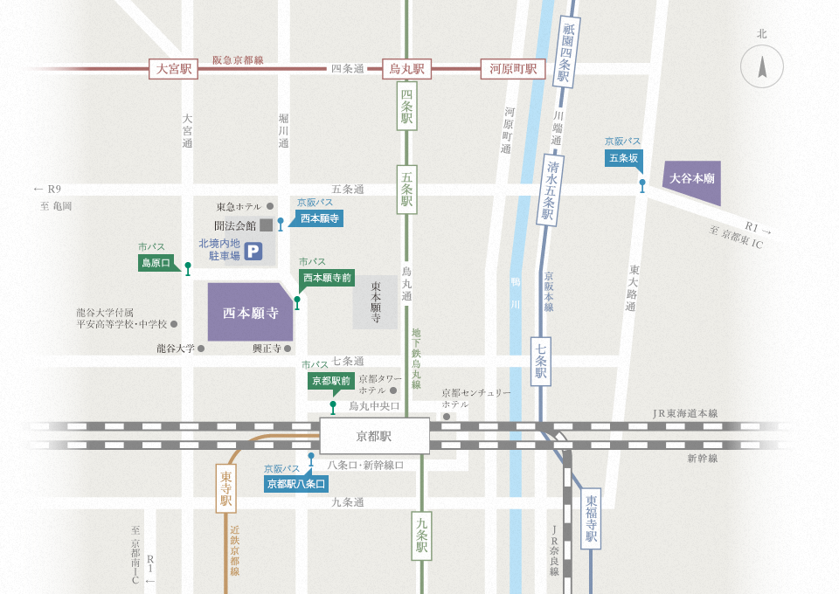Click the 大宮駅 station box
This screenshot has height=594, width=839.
coord(173,69)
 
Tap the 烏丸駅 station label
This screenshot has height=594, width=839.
coord(406,69)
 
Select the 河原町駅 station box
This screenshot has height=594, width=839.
coord(512,69)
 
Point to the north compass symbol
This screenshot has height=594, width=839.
coord(762,66)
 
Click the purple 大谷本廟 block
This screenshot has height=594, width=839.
coord(692,181)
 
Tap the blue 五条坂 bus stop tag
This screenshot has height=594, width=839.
coord(624,158)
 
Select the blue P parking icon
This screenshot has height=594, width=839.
coord(253,252)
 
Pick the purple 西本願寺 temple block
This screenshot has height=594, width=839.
coord(249,312)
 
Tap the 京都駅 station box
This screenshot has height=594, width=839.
coord(374,435)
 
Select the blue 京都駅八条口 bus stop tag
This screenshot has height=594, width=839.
coord(296,483)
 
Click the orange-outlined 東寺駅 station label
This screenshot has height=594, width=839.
coord(225,488)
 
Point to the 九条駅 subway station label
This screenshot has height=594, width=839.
coord(421,535)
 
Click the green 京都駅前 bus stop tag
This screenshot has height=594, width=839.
coord(330,380)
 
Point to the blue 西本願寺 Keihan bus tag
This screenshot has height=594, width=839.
coord(318,218)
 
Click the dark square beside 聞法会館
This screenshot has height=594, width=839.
coord(265,224)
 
